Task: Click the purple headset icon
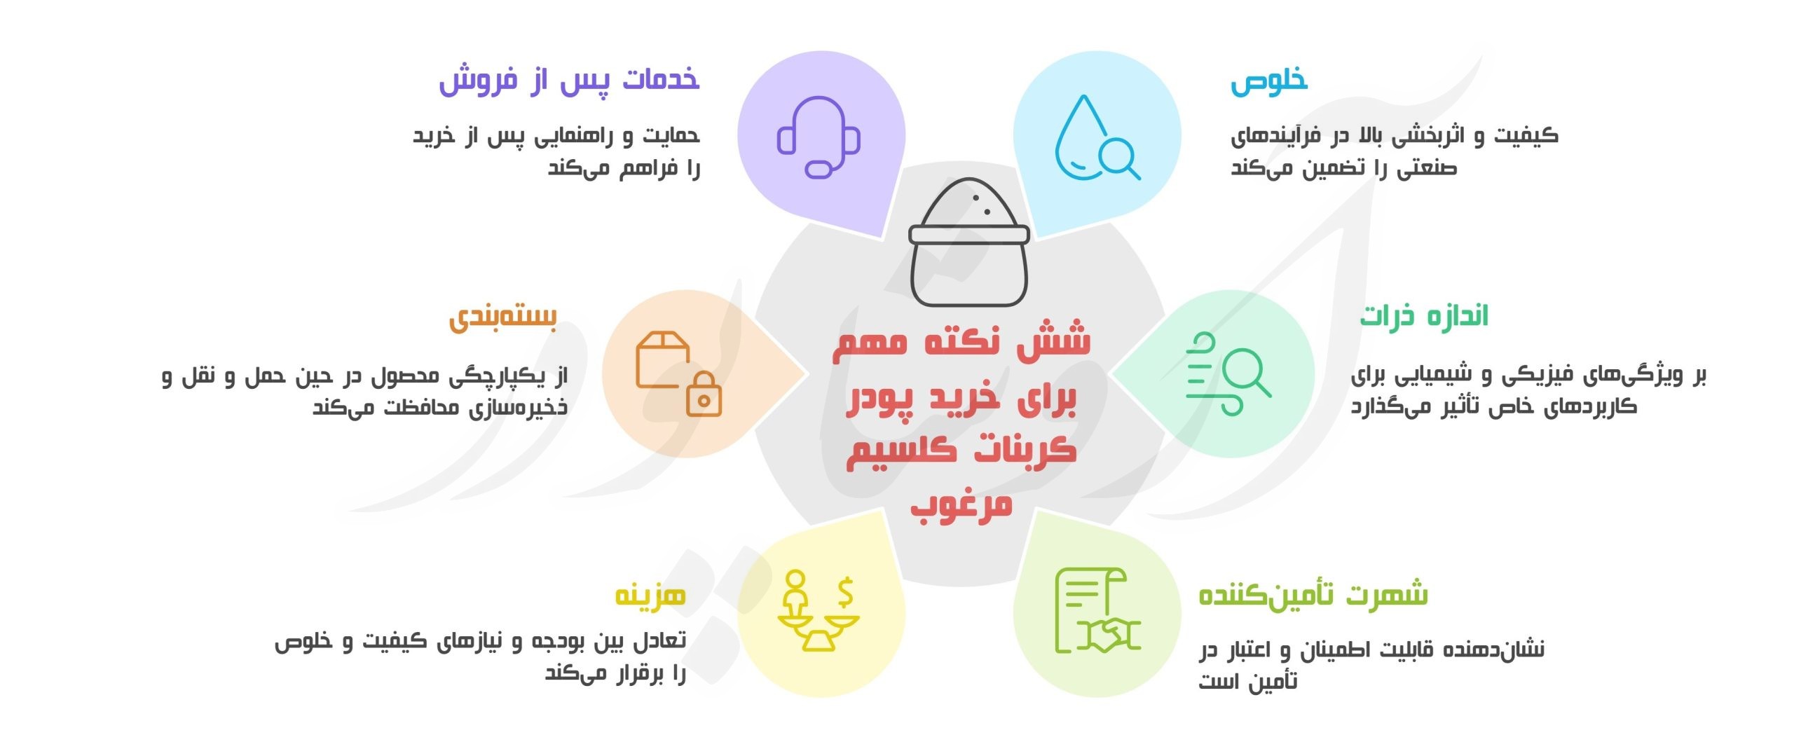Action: (x=819, y=137)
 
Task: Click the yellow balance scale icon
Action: (x=819, y=612)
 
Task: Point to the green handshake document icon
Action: (x=1097, y=611)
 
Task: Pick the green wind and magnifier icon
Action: (x=1228, y=374)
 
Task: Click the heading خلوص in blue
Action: (x=1269, y=81)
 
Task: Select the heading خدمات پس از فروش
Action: (x=569, y=80)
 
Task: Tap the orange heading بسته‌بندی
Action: (x=503, y=317)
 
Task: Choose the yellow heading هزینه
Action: (x=650, y=596)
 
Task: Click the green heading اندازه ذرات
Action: (x=1423, y=317)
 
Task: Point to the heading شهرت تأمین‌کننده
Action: (x=1313, y=595)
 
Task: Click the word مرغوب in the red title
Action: (x=961, y=505)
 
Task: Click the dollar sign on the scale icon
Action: (x=845, y=592)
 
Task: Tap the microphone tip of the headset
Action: (x=818, y=170)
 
